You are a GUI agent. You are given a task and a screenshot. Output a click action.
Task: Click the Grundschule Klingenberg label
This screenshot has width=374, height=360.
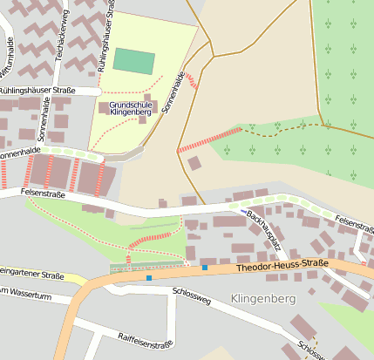click(131, 107)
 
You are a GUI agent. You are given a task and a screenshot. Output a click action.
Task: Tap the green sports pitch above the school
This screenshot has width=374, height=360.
click(134, 62)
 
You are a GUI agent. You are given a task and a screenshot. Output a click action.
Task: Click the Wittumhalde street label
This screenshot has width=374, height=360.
click(9, 65)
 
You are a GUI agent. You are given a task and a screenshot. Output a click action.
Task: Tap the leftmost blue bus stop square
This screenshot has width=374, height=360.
click(149, 278)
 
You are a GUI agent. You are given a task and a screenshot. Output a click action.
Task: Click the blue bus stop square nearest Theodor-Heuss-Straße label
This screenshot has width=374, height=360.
click(205, 268)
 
